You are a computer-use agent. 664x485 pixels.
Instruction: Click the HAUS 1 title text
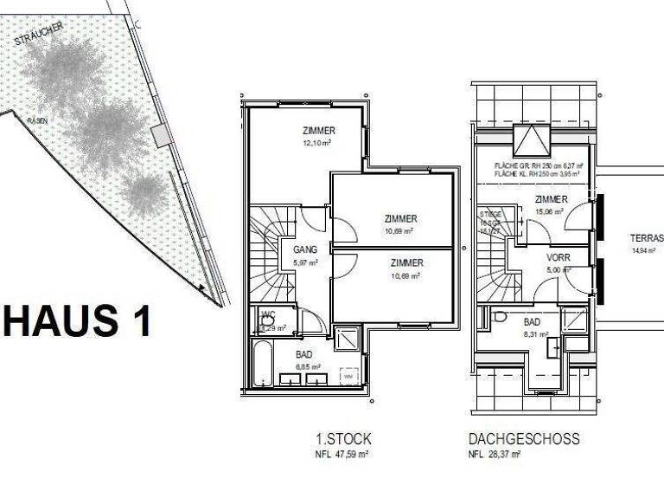tap(77, 320)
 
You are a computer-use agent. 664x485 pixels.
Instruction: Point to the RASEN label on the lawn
tap(36, 120)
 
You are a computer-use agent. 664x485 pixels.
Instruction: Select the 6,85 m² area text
tap(306, 366)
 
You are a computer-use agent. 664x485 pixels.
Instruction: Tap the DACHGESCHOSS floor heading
tap(524, 440)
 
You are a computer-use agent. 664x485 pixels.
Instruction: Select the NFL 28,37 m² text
tap(495, 454)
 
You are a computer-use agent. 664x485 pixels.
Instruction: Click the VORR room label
tap(559, 258)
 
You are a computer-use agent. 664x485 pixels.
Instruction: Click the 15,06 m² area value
tap(549, 210)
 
